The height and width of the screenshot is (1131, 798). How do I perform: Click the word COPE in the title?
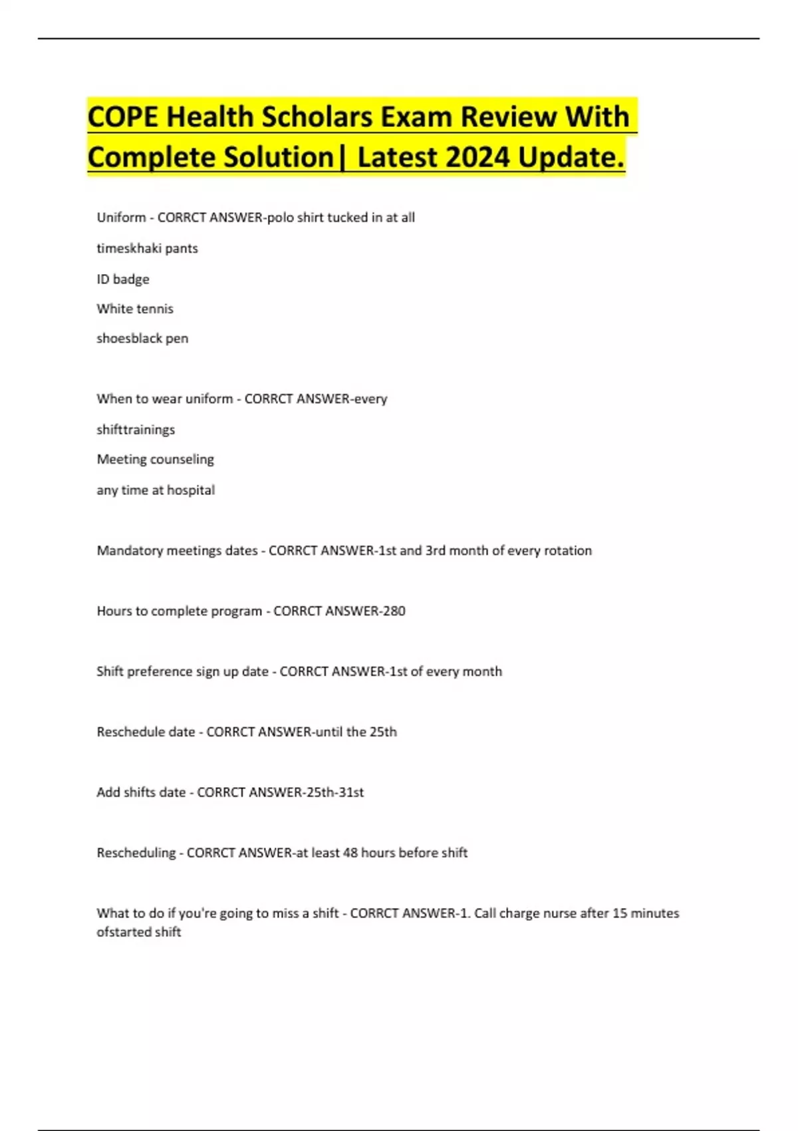123,117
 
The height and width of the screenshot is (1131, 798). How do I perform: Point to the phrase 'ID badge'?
123,279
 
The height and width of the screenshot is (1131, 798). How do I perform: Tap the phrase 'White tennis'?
135,309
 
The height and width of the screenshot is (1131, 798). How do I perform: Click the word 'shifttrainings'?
136,430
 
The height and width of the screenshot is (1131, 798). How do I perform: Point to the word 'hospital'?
191,490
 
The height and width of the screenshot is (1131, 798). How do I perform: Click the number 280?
394,611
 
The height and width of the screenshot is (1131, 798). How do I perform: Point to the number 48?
350,853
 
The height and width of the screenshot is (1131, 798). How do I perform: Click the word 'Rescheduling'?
136,853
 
